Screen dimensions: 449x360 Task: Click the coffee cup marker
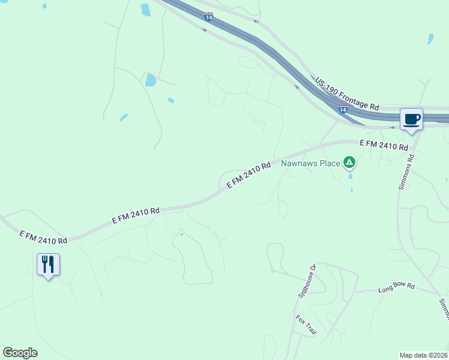point(411,119)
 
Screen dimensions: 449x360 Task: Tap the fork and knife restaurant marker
point(48,264)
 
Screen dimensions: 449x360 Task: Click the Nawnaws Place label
point(310,162)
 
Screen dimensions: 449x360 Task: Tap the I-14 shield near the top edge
point(208,16)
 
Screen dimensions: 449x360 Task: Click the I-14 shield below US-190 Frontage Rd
point(343,109)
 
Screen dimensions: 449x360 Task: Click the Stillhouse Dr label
point(307,282)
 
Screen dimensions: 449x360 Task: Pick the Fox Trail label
point(306,325)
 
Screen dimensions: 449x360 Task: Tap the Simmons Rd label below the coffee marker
point(406,173)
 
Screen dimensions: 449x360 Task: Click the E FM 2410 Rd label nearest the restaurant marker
point(43,236)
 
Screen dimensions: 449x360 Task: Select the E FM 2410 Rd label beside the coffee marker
point(384,145)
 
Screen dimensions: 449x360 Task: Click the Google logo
point(20,353)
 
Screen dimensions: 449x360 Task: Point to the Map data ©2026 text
point(424,355)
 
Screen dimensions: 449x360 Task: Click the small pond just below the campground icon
point(351,176)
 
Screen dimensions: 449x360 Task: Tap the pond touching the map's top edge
point(145,10)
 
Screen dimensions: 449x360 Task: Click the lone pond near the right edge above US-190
point(430,38)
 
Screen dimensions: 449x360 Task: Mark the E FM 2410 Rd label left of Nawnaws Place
point(249,176)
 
